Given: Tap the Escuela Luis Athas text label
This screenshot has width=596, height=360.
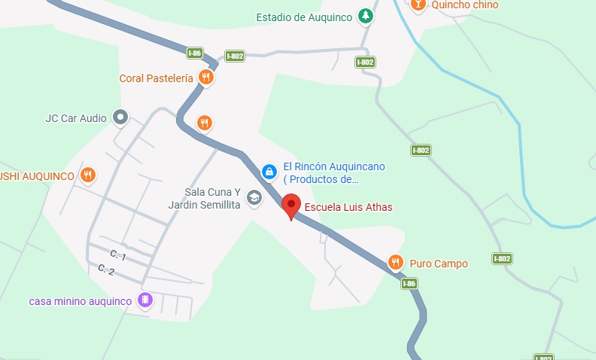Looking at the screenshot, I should point(348,207).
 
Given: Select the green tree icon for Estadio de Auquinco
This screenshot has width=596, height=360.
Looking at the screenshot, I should point(365,16).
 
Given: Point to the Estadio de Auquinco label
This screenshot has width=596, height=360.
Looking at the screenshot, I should point(304,17).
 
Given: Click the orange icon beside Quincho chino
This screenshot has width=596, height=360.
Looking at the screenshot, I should point(418,5).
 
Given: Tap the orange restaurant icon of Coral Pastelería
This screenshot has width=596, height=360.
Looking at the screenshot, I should point(205,77).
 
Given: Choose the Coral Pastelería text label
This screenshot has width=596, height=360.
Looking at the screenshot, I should point(157,78).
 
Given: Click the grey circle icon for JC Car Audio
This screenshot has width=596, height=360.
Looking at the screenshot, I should point(120,117).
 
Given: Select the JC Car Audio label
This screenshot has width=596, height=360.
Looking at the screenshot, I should point(76,117).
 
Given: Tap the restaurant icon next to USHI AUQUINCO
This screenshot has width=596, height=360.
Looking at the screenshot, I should point(88,175).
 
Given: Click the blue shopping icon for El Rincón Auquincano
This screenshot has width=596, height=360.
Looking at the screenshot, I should point(269,172).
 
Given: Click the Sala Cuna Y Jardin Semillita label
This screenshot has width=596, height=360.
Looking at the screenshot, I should point(212,198).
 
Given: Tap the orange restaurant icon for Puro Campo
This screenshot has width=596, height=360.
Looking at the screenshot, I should point(396,262).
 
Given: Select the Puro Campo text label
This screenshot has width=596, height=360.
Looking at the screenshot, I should point(439,264).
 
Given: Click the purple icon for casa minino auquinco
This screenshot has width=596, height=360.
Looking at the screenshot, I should point(145,301).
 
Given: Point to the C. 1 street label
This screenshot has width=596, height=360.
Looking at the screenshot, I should point(117,257).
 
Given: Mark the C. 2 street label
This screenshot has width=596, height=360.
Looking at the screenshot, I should point(106,270).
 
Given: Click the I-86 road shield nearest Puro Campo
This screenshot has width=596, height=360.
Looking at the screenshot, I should point(409,283).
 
